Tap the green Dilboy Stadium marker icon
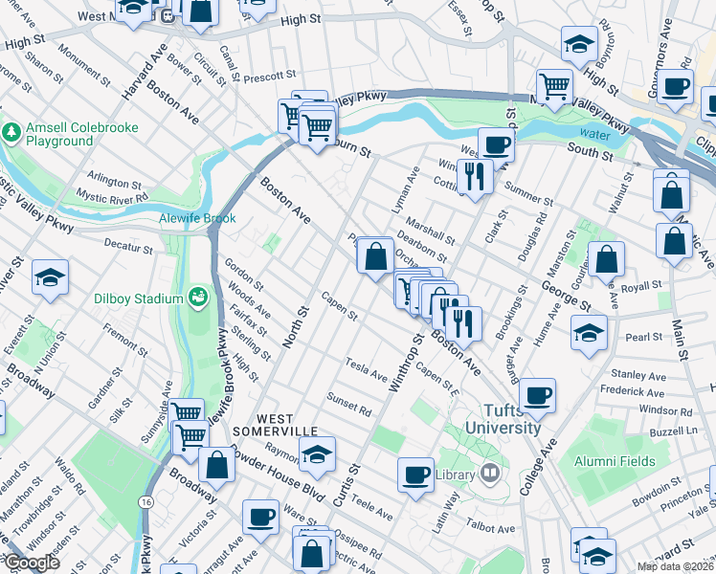(x=198, y=298)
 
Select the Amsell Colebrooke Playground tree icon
(x=12, y=133)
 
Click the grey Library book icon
(x=490, y=474)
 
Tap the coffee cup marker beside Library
(x=415, y=475)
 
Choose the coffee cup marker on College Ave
(x=537, y=394)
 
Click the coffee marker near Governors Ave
(x=676, y=86)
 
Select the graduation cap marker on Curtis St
(x=317, y=453)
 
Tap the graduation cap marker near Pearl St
(x=589, y=332)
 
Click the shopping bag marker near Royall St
(x=606, y=258)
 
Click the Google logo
(x=32, y=563)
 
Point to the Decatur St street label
(x=128, y=248)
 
